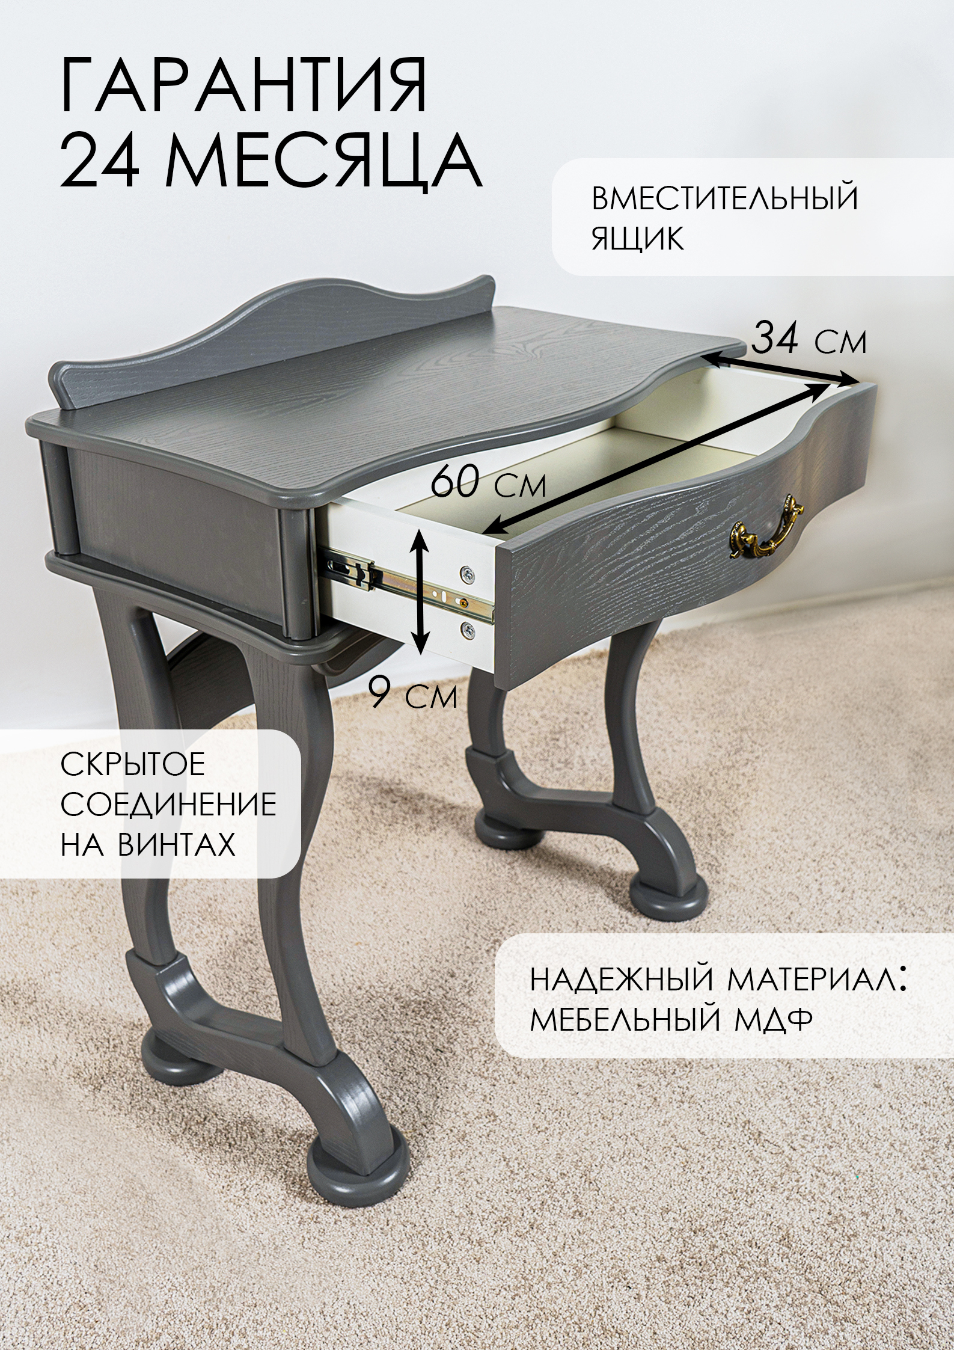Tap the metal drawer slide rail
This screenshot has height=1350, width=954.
409,586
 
